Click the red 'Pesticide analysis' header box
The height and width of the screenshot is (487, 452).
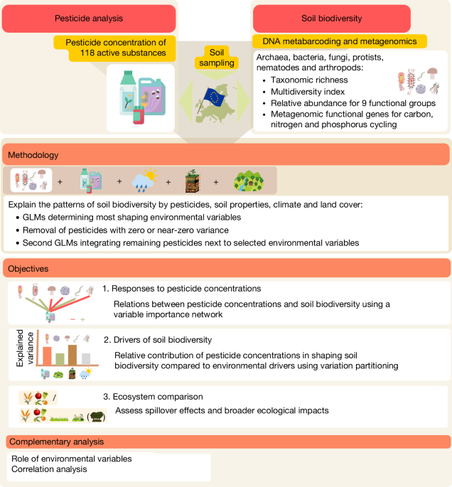click(x=89, y=18)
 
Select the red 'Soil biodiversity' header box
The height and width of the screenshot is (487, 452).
click(x=332, y=18)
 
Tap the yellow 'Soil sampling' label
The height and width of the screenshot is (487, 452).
click(x=217, y=58)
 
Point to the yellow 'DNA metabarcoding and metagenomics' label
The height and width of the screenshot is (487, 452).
click(x=340, y=41)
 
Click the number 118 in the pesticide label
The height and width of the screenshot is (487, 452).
click(x=87, y=53)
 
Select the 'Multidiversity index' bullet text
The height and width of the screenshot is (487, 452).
click(x=308, y=92)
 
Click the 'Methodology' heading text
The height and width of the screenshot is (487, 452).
click(x=33, y=155)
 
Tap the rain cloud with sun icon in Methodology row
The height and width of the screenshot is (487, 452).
click(x=145, y=180)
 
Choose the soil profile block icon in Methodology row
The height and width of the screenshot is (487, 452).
click(x=193, y=181)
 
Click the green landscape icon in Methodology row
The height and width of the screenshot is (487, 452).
click(x=249, y=181)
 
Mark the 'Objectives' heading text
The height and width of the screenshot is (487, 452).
click(x=28, y=269)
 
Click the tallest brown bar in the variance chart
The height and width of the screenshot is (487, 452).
click(x=72, y=355)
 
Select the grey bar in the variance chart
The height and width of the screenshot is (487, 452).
click(x=86, y=359)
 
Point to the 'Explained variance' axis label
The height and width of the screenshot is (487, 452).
click(x=25, y=348)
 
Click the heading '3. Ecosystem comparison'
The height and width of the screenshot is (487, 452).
click(x=153, y=397)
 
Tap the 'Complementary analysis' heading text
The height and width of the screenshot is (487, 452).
click(x=57, y=441)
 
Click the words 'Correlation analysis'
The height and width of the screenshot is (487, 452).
click(x=49, y=469)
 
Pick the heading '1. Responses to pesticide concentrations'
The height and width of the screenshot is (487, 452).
click(x=182, y=289)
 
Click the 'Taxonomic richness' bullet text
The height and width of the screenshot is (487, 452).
click(x=309, y=80)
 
